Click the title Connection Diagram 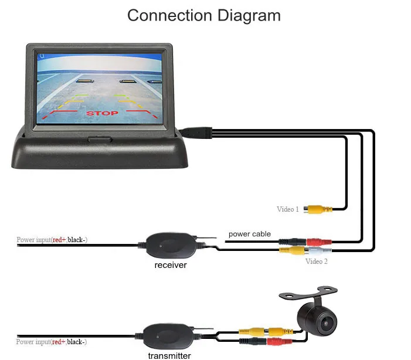click(204, 15)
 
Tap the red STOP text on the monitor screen click(102, 113)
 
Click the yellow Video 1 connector click(317, 209)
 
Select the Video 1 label click(288, 209)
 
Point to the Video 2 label click(317, 261)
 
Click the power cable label click(250, 234)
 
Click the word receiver click(171, 265)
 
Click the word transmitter click(169, 355)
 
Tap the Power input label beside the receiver click(52, 240)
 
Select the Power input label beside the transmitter click(52, 342)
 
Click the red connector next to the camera click(282, 341)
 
